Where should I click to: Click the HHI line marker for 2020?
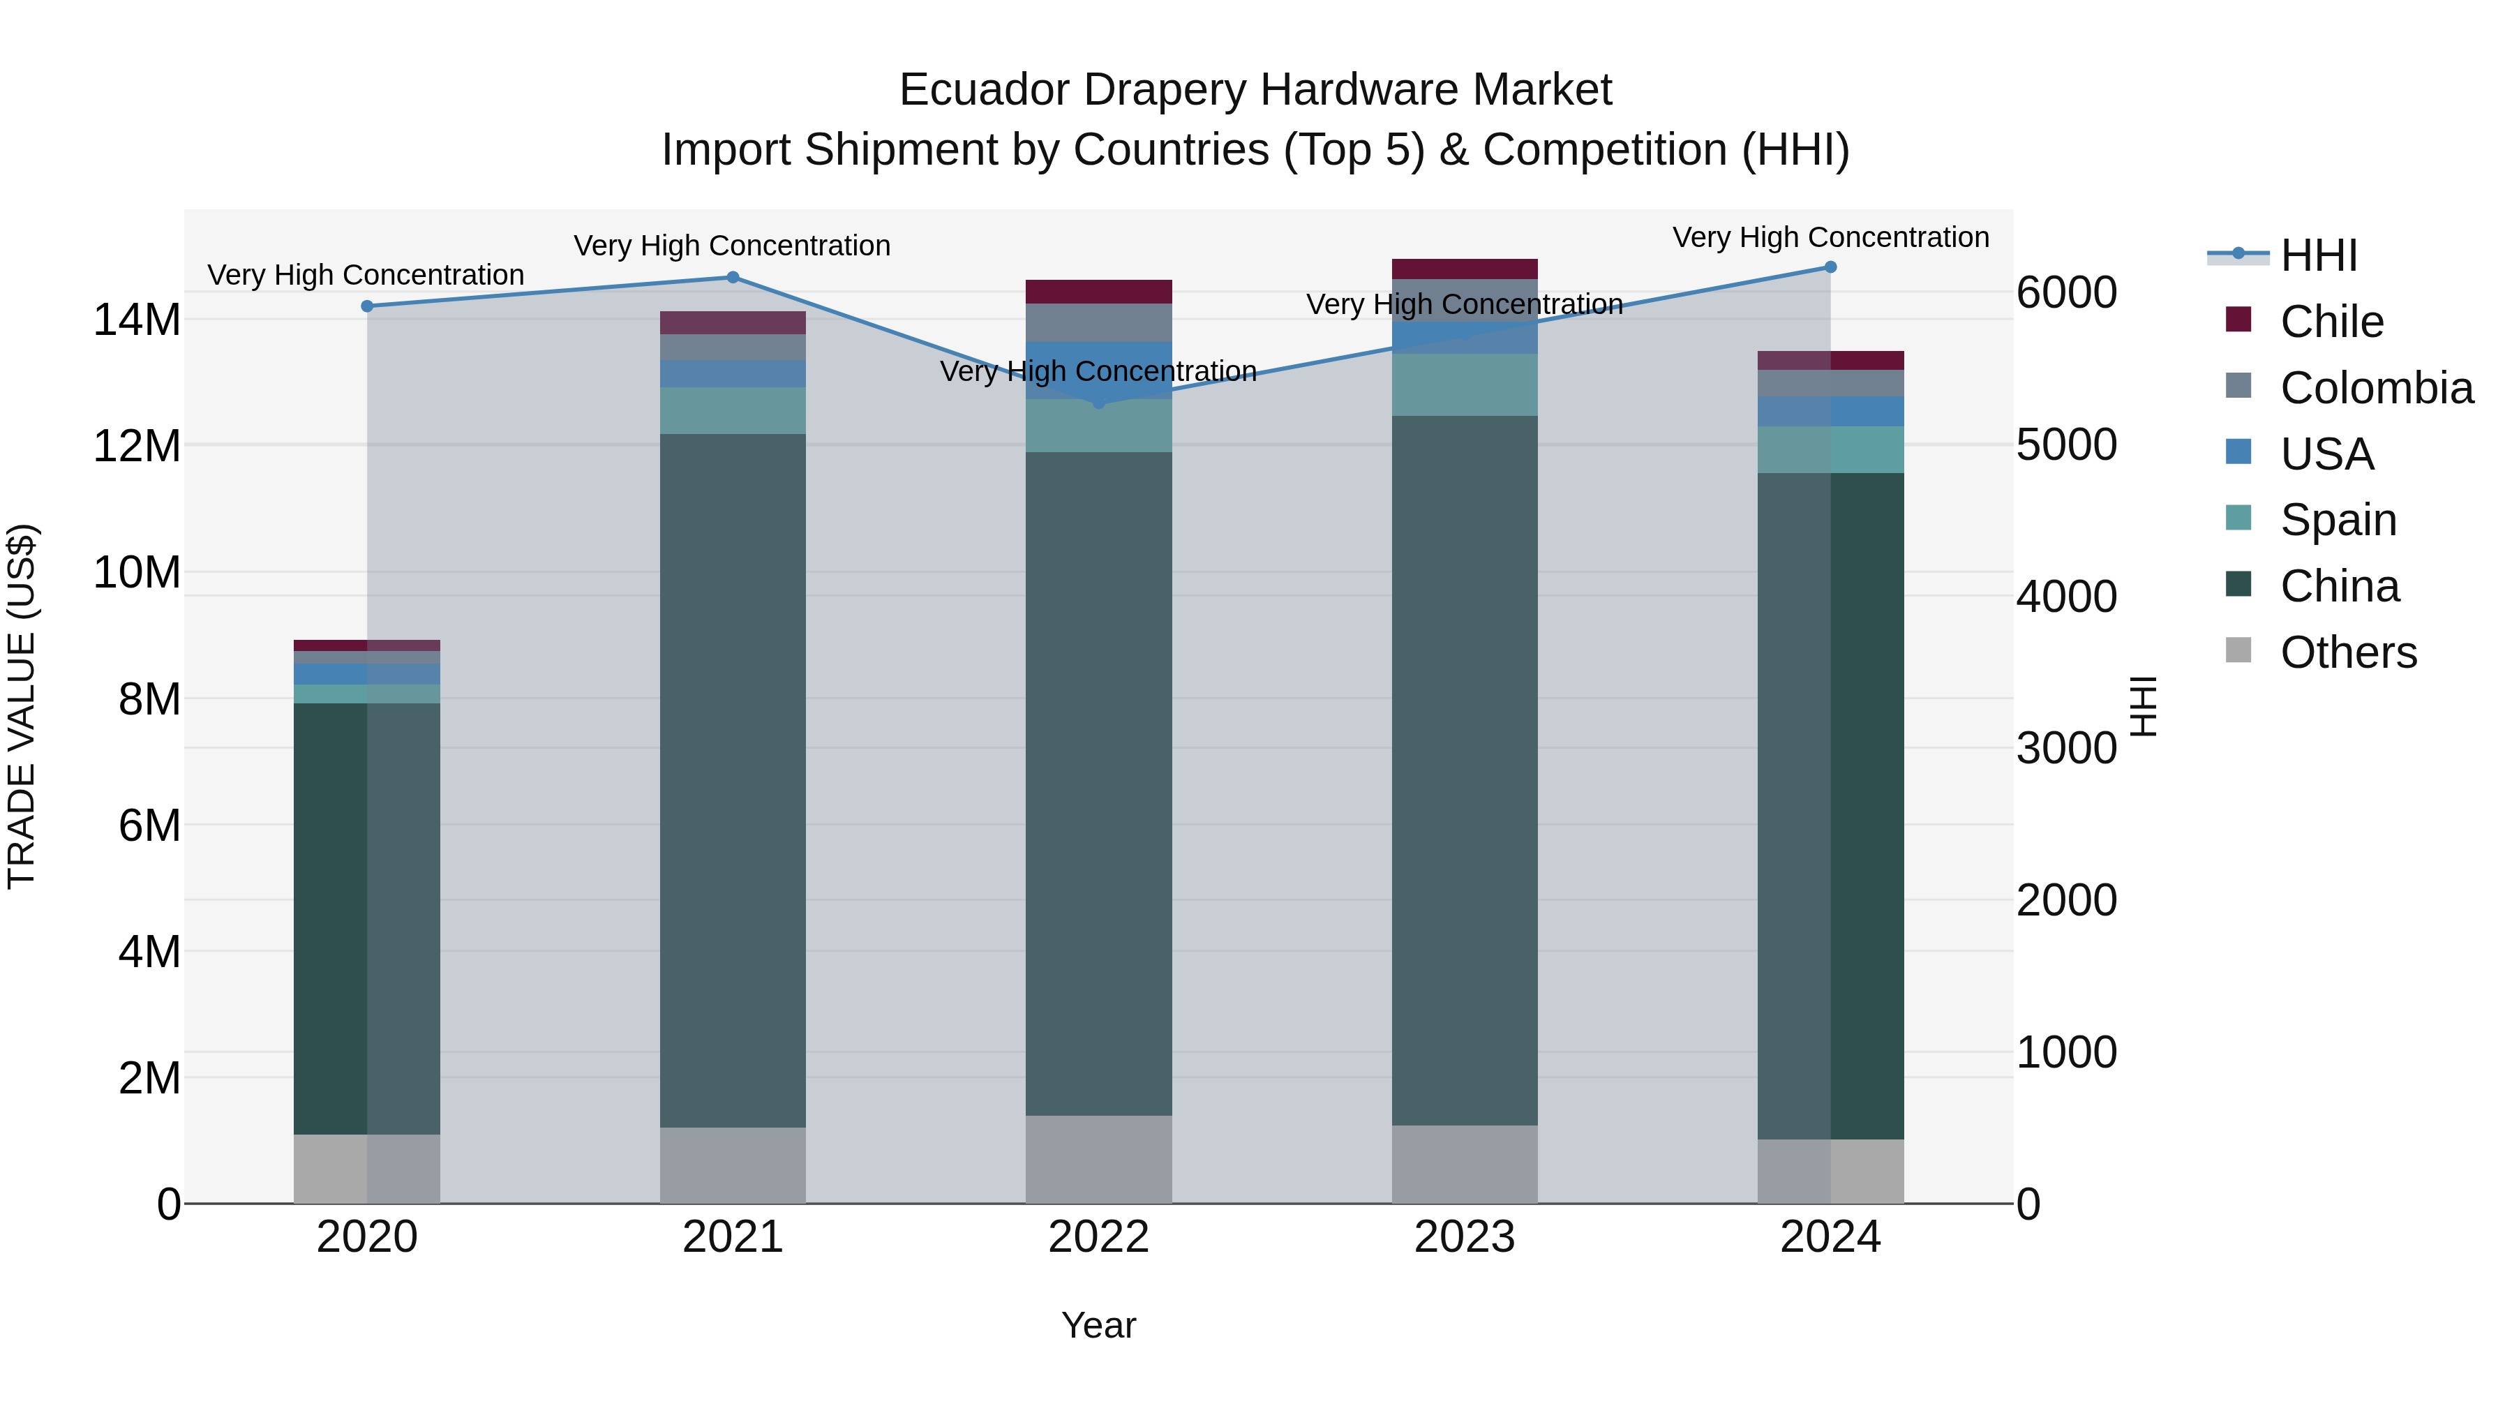[x=366, y=306]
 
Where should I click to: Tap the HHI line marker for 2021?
[x=733, y=277]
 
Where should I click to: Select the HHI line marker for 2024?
[x=1830, y=267]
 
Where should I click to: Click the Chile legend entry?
[x=2331, y=322]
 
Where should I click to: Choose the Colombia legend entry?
[x=2375, y=388]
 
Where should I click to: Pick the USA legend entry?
[x=2326, y=454]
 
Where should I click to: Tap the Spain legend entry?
[x=2338, y=520]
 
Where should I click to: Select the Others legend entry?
[x=2347, y=652]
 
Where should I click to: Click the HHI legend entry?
[x=2318, y=255]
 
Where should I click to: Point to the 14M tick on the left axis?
[x=137, y=320]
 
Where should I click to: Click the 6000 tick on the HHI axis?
[x=2066, y=292]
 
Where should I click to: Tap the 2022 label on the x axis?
[x=1099, y=1237]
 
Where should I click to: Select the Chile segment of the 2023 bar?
[x=1465, y=269]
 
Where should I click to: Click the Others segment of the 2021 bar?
[x=733, y=1165]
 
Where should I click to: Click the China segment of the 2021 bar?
[x=733, y=780]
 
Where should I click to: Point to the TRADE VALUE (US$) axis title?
[x=22, y=706]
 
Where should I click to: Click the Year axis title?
[x=1099, y=1325]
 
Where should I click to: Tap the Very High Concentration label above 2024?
[x=1830, y=238]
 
